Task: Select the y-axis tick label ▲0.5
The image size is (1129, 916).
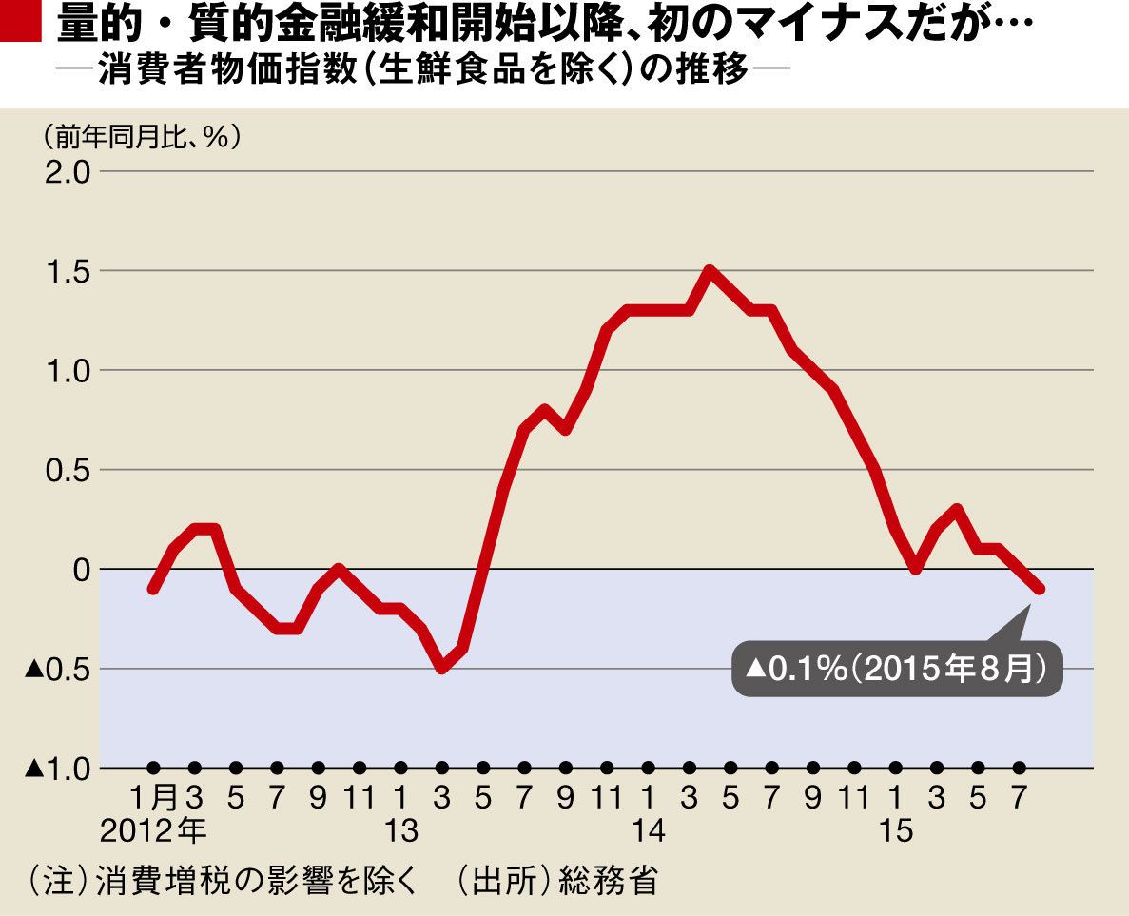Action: [56, 669]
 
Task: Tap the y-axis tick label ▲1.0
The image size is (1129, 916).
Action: [56, 768]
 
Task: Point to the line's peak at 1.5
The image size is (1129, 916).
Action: [709, 270]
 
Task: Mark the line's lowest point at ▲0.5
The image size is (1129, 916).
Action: [441, 669]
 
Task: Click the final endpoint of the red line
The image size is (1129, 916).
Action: [1040, 590]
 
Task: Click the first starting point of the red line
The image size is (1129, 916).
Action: [154, 589]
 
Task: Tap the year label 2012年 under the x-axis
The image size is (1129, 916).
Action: [153, 831]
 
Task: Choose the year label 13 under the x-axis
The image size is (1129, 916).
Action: [401, 831]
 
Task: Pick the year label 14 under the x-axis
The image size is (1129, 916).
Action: [648, 831]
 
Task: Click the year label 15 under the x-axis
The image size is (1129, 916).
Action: [895, 831]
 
